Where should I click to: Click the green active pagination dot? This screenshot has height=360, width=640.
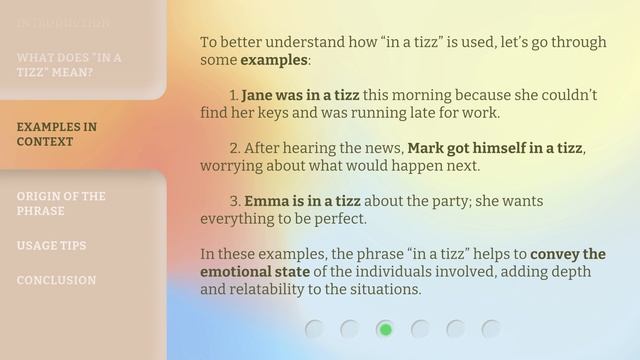[385, 329]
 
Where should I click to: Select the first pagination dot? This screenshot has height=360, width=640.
[315, 329]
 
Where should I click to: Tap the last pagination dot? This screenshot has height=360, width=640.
[491, 329]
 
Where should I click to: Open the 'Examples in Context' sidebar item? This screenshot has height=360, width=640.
[57, 134]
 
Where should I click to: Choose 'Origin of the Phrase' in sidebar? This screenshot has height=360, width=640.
[61, 203]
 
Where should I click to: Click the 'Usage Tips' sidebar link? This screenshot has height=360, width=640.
[51, 245]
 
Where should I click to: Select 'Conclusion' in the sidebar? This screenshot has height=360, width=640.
[56, 280]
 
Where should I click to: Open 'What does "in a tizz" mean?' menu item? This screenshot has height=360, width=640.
[69, 65]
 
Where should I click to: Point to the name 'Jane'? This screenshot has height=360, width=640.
[257, 95]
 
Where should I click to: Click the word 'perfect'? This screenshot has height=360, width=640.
[339, 217]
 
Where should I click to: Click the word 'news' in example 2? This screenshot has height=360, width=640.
[379, 147]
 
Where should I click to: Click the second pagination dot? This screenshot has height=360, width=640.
[350, 329]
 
